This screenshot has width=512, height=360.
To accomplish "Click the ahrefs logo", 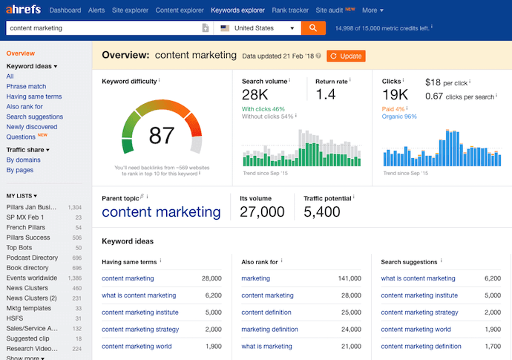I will pyautogui.click(x=23, y=10).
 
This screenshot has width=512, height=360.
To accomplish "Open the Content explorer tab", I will pyautogui.click(x=180, y=10).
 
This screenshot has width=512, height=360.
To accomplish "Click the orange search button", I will pyautogui.click(x=313, y=28).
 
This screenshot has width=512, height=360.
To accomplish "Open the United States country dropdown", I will pyautogui.click(x=257, y=28).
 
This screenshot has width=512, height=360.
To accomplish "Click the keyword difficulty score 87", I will pyautogui.click(x=161, y=135).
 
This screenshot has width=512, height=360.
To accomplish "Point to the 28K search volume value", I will pyautogui.click(x=255, y=94).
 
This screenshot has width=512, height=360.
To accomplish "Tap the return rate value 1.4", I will pyautogui.click(x=326, y=94).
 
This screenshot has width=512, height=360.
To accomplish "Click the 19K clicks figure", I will pyautogui.click(x=395, y=94).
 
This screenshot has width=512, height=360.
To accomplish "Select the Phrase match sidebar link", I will pyautogui.click(x=26, y=86).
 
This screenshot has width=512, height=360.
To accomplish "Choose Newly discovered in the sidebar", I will pyautogui.click(x=32, y=126).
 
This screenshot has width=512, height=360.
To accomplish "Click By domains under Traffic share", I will pyautogui.click(x=24, y=160).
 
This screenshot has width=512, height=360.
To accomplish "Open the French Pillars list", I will pyautogui.click(x=26, y=227).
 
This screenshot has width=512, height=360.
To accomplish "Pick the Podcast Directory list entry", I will pyautogui.click(x=32, y=258).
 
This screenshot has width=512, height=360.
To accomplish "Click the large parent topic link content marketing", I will pyautogui.click(x=161, y=212).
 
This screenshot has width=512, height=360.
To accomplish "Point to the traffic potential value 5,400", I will pyautogui.click(x=322, y=212).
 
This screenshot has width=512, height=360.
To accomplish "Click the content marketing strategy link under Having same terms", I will pyautogui.click(x=140, y=329).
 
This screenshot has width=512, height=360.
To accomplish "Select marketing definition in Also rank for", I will pyautogui.click(x=269, y=329).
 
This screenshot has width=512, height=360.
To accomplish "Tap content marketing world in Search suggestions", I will pyautogui.click(x=416, y=329).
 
